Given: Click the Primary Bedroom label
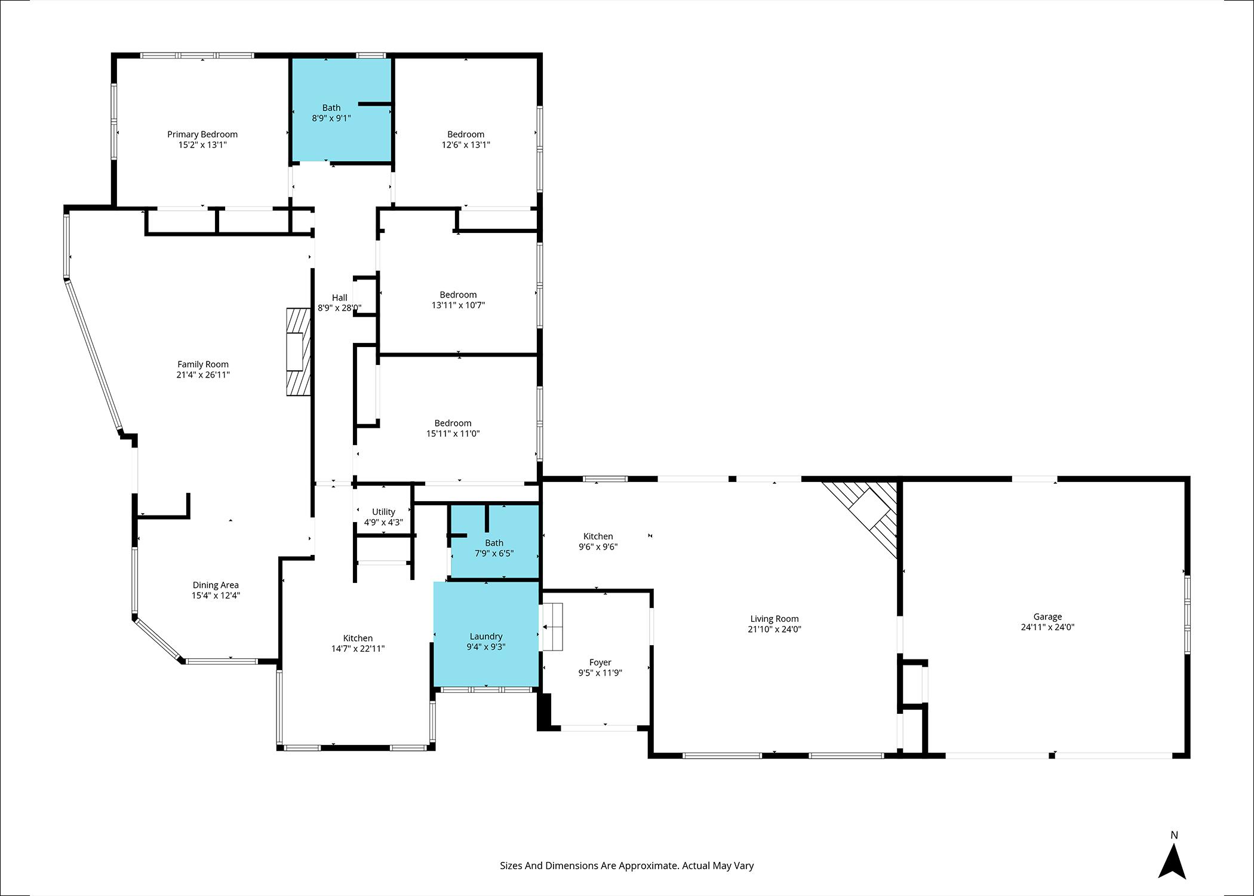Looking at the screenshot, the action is point(202,134).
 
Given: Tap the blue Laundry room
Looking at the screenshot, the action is point(486,634).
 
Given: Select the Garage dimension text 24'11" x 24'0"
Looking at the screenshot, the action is point(1048,627).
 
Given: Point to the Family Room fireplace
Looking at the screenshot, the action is point(299,352).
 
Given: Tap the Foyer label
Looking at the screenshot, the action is point(600,662).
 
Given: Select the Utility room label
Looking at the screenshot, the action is point(383,512).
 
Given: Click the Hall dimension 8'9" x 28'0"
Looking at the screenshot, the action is point(340,308).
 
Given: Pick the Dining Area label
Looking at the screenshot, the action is point(216,585).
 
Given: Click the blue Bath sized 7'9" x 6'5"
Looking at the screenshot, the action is point(495,542).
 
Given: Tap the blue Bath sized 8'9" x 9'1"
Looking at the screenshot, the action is point(341,110).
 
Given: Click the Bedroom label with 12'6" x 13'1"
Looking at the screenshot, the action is point(466,134).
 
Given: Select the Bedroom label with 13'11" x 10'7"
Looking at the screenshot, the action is point(458,294).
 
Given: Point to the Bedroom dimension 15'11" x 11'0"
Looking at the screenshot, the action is point(453,434).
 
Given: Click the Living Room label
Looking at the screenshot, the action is point(774,619).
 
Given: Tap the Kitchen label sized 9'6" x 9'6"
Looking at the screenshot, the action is point(598,536).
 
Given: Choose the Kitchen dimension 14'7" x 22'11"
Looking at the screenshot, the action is point(358,649).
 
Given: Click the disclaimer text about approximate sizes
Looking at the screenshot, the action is point(627,866).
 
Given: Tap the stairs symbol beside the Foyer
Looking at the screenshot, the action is point(552,627).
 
